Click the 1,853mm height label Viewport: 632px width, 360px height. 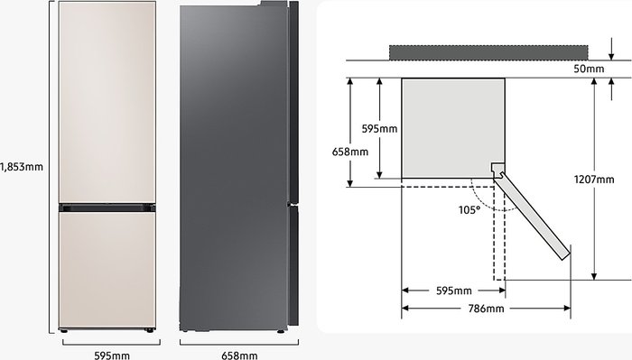(22, 167)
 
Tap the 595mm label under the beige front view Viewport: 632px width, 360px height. (112, 355)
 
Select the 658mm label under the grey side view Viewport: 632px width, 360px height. (239, 355)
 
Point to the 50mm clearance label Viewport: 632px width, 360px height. (589, 69)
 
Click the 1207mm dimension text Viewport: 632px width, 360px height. (594, 180)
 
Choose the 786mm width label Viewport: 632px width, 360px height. (486, 309)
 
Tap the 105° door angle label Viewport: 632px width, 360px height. (469, 209)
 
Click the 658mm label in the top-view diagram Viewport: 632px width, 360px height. (350, 152)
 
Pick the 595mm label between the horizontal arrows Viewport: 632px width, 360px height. (454, 291)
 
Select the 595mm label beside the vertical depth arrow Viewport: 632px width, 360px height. (379, 129)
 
